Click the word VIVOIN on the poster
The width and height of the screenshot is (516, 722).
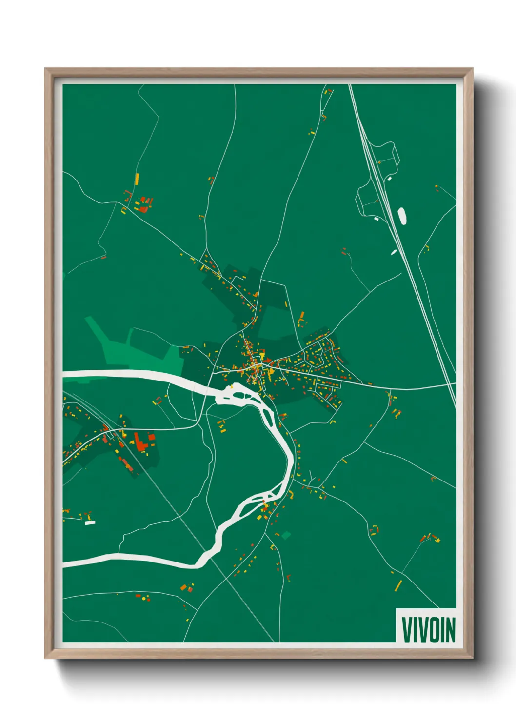[428, 630]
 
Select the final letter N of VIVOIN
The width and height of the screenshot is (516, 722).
[450, 630]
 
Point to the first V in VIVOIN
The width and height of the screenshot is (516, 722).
[407, 630]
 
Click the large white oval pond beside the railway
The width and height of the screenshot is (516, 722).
[402, 216]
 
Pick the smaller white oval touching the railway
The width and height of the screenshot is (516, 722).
[394, 252]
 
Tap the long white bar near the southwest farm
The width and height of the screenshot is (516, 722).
[90, 523]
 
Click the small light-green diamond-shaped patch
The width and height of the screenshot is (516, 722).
[286, 535]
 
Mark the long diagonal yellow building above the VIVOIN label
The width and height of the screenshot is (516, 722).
[398, 585]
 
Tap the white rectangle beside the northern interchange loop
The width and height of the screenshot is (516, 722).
[389, 179]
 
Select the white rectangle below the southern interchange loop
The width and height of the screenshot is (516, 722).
[377, 219]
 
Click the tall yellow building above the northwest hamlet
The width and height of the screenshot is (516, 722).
[137, 179]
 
